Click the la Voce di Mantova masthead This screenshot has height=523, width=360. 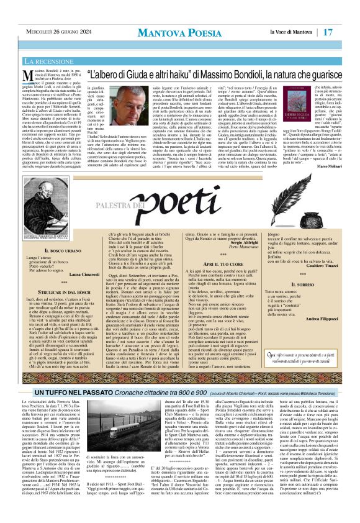290,32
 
